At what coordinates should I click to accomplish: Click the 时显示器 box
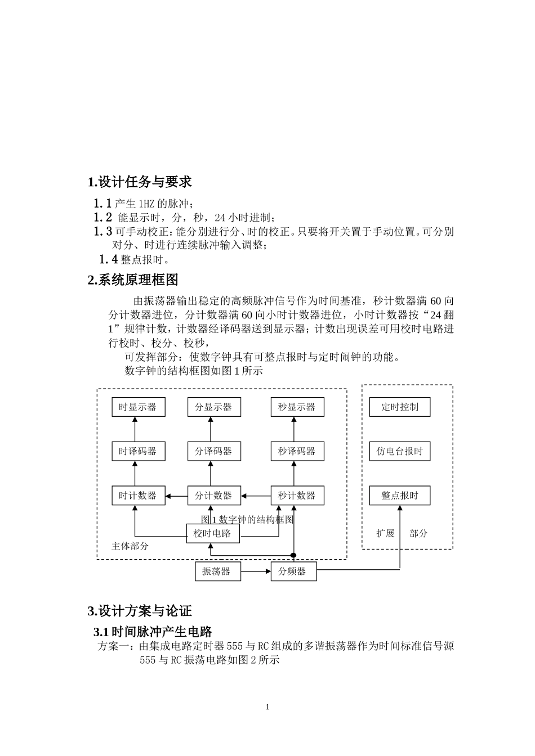(138, 407)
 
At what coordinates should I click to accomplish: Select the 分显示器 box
(213, 407)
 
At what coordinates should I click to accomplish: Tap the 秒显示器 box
(297, 407)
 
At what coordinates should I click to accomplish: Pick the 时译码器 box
(138, 451)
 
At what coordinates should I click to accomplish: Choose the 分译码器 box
(213, 451)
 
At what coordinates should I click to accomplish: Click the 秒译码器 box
(297, 451)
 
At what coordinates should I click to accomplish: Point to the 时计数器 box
(138, 496)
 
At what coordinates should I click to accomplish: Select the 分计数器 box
(213, 496)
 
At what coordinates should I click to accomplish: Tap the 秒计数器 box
(297, 496)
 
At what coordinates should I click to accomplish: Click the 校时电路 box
(212, 533)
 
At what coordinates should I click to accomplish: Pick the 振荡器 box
(217, 571)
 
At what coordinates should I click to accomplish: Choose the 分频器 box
(293, 571)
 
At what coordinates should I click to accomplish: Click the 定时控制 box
(400, 407)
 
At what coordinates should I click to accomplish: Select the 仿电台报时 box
(400, 451)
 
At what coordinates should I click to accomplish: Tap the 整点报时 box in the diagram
(400, 496)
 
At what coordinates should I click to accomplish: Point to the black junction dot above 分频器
(293, 556)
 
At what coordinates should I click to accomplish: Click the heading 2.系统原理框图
(133, 280)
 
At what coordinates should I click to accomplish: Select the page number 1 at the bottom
(267, 707)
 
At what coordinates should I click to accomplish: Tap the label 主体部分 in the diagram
(130, 546)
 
